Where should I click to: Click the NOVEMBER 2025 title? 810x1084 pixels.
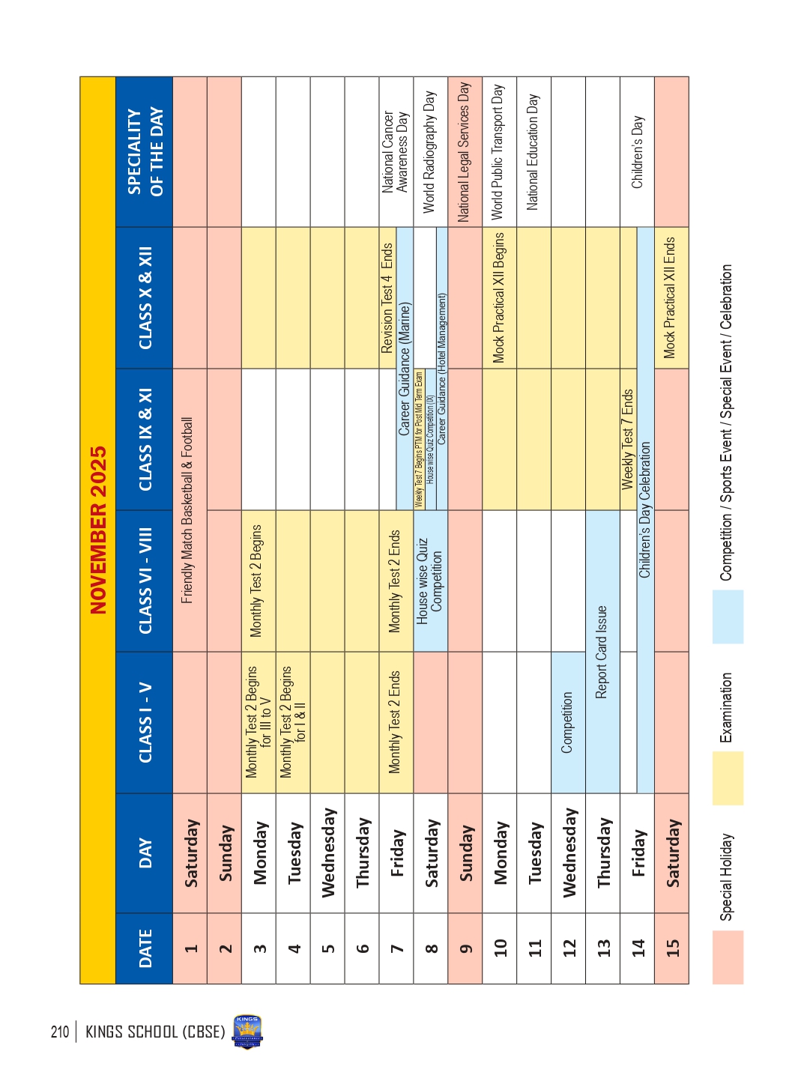pyautogui.click(x=98, y=530)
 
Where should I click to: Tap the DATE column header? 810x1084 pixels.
pyautogui.click(x=145, y=948)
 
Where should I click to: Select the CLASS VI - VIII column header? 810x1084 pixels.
pyautogui.click(x=145, y=581)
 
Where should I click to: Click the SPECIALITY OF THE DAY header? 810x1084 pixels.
pyautogui.click(x=145, y=151)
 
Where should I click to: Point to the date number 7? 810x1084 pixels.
pyautogui.click(x=397, y=948)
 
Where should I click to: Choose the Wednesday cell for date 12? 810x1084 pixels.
pyautogui.click(x=569, y=853)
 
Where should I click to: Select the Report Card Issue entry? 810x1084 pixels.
pyautogui.click(x=602, y=652)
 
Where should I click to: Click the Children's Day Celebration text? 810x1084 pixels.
pyautogui.click(x=645, y=509)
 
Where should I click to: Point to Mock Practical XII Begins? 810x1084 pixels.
pyautogui.click(x=499, y=297)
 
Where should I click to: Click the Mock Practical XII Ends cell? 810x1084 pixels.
pyautogui.click(x=671, y=297)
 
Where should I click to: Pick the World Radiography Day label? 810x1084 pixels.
pyautogui.click(x=429, y=151)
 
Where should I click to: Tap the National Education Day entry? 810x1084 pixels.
pyautogui.click(x=533, y=151)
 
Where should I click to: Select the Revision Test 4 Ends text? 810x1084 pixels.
pyautogui.click(x=387, y=297)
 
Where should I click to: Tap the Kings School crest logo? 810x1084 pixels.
pyautogui.click(x=247, y=1032)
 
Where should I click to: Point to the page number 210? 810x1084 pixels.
pyautogui.click(x=60, y=1032)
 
